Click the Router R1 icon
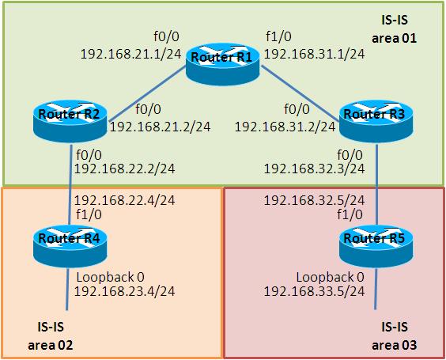(x=223, y=64)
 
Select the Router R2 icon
(x=70, y=121)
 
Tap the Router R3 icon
(x=376, y=121)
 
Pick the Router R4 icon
(x=70, y=246)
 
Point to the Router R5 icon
(x=376, y=246)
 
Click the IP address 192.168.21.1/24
(x=130, y=54)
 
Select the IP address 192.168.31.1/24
(x=314, y=54)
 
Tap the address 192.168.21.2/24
(x=161, y=127)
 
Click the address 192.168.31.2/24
(x=285, y=127)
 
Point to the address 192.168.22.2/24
(x=125, y=169)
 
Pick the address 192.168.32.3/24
(x=314, y=169)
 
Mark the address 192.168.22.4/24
(x=125, y=200)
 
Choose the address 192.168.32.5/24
(x=314, y=200)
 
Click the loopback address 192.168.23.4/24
(x=125, y=291)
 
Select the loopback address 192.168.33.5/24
(x=314, y=291)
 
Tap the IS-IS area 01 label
(x=395, y=29)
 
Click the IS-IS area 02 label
(x=51, y=335)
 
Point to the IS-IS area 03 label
(x=395, y=335)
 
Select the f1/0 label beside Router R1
(x=278, y=36)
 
